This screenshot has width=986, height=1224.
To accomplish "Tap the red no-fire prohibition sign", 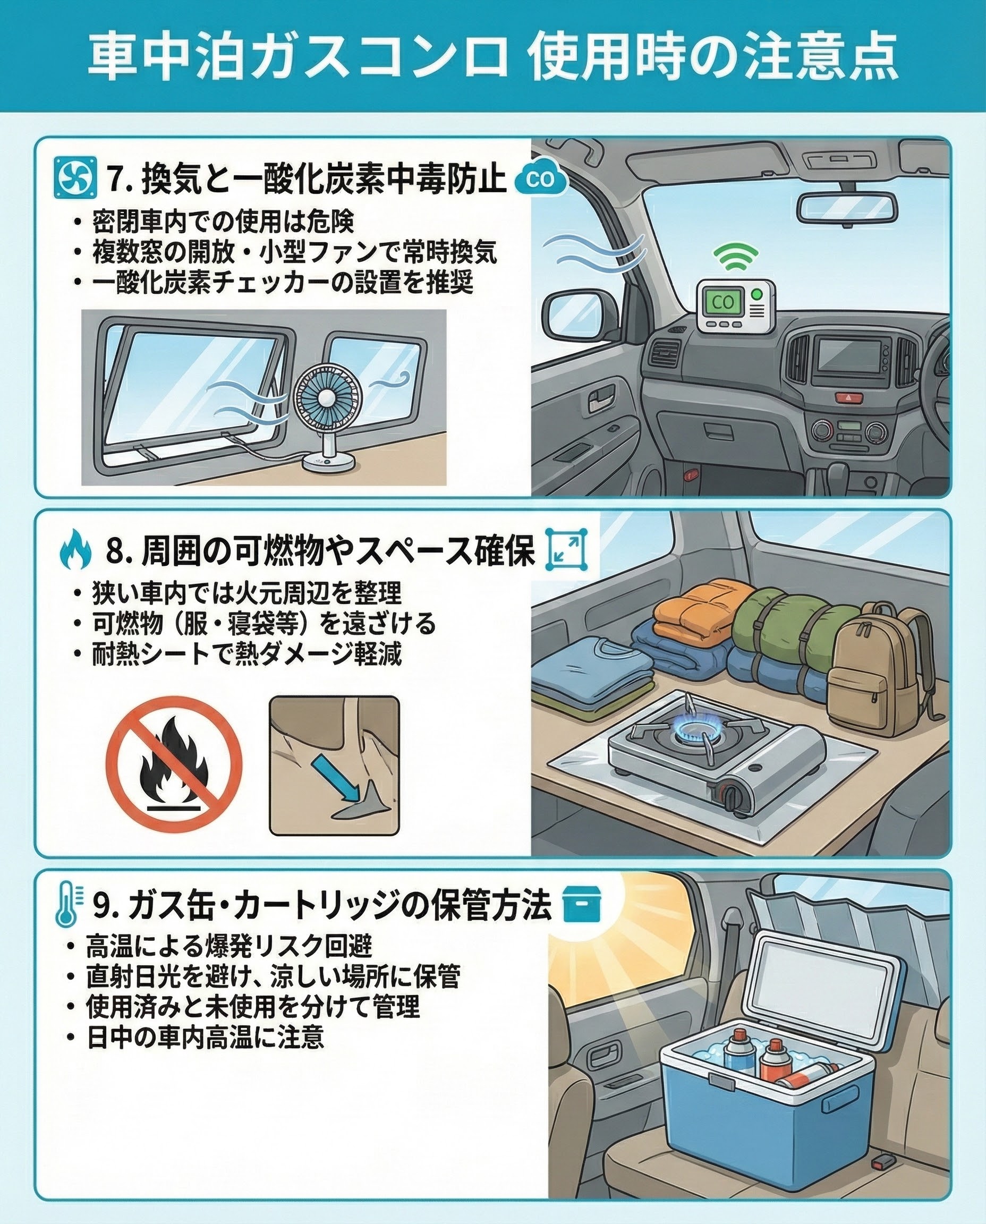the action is pyautogui.click(x=174, y=764).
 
